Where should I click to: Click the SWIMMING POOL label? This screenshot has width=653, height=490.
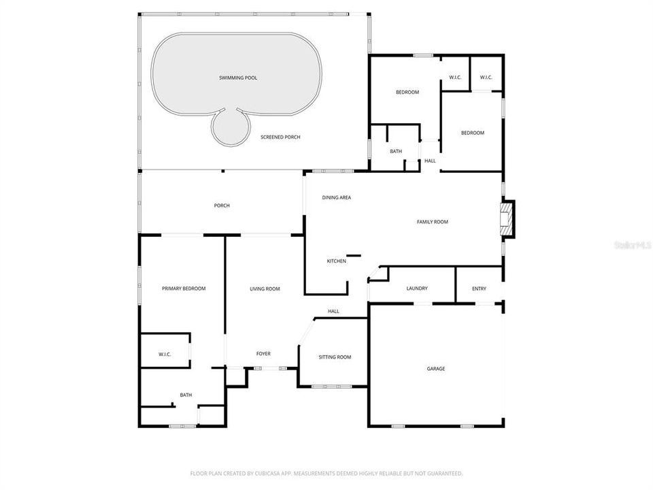click(x=238, y=78)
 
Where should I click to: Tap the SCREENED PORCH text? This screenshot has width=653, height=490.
click(x=280, y=137)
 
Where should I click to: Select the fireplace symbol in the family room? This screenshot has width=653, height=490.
click(x=506, y=219)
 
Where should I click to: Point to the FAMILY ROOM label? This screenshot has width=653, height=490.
click(x=433, y=221)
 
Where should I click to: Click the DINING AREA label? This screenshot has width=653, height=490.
click(x=337, y=197)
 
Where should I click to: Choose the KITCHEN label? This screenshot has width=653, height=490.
click(x=337, y=261)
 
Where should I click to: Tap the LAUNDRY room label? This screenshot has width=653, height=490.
click(x=417, y=289)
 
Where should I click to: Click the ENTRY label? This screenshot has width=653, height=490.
click(x=480, y=289)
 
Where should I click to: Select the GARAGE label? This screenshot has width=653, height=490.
click(x=436, y=369)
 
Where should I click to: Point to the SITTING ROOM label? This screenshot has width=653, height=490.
click(x=335, y=357)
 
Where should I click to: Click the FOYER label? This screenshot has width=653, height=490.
click(x=263, y=354)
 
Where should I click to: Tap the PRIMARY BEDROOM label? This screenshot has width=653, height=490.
click(x=184, y=289)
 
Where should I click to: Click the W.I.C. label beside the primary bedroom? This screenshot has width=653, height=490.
click(x=164, y=354)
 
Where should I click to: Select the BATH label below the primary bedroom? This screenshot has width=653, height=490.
click(x=186, y=395)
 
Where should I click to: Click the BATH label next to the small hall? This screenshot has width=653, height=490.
click(x=396, y=151)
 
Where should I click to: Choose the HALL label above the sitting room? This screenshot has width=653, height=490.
click(x=333, y=311)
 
